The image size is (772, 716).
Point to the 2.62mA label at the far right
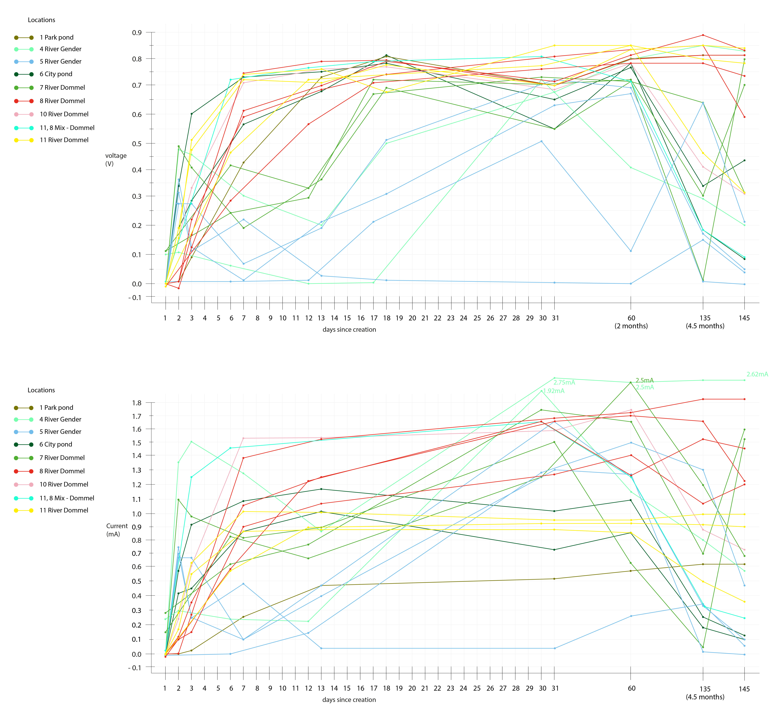[757, 374]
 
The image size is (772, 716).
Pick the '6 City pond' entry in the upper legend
[56, 74]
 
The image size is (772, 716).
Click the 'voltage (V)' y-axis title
[116, 160]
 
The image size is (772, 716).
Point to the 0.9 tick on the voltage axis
[137, 32]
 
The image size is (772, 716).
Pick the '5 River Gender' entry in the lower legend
[60, 432]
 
